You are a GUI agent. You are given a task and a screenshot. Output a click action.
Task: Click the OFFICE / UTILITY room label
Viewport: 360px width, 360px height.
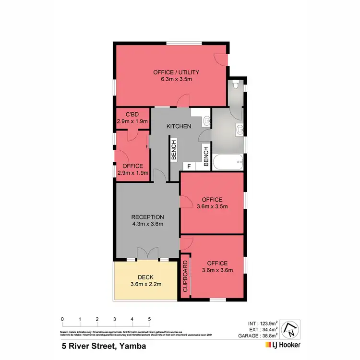pos(176,72)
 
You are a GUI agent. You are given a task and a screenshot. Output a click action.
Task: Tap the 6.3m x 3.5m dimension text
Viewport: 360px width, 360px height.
pos(176,80)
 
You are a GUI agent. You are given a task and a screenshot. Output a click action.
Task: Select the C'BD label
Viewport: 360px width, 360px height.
pos(132,114)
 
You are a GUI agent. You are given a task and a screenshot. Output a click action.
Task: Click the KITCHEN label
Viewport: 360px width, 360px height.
pos(179,126)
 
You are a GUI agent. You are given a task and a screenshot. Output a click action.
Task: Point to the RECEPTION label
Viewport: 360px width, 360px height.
pos(147,217)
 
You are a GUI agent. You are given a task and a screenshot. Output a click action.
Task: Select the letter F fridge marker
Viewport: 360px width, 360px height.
pos(189,166)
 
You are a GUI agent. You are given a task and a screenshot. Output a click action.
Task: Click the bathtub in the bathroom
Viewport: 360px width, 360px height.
pos(228,163)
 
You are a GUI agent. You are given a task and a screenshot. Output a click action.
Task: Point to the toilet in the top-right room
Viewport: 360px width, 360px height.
pos(235,85)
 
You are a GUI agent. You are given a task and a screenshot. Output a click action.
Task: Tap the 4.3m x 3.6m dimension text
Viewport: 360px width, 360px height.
pos(147,224)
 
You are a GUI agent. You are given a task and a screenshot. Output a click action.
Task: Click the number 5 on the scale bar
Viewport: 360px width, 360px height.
pos(149,319)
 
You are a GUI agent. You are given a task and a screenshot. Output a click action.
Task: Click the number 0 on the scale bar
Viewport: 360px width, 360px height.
pos(62,319)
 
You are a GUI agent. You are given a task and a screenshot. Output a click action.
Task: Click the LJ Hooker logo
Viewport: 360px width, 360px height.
pos(283,345)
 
